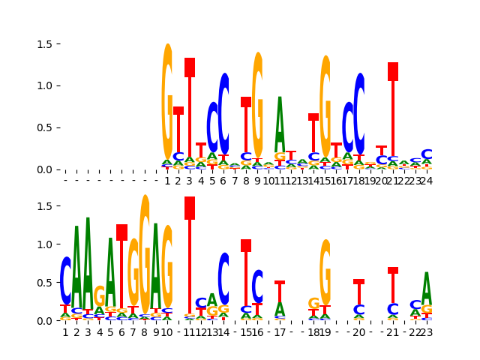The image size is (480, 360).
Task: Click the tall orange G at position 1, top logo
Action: pyautogui.click(x=167, y=101)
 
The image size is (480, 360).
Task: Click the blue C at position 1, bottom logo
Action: pyautogui.click(x=65, y=280)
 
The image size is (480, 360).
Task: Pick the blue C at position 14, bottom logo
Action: pyautogui.click(x=223, y=277)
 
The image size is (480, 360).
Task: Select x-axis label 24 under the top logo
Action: pyautogui.click(x=427, y=181)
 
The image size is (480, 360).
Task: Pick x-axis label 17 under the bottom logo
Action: pyautogui.click(x=280, y=332)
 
